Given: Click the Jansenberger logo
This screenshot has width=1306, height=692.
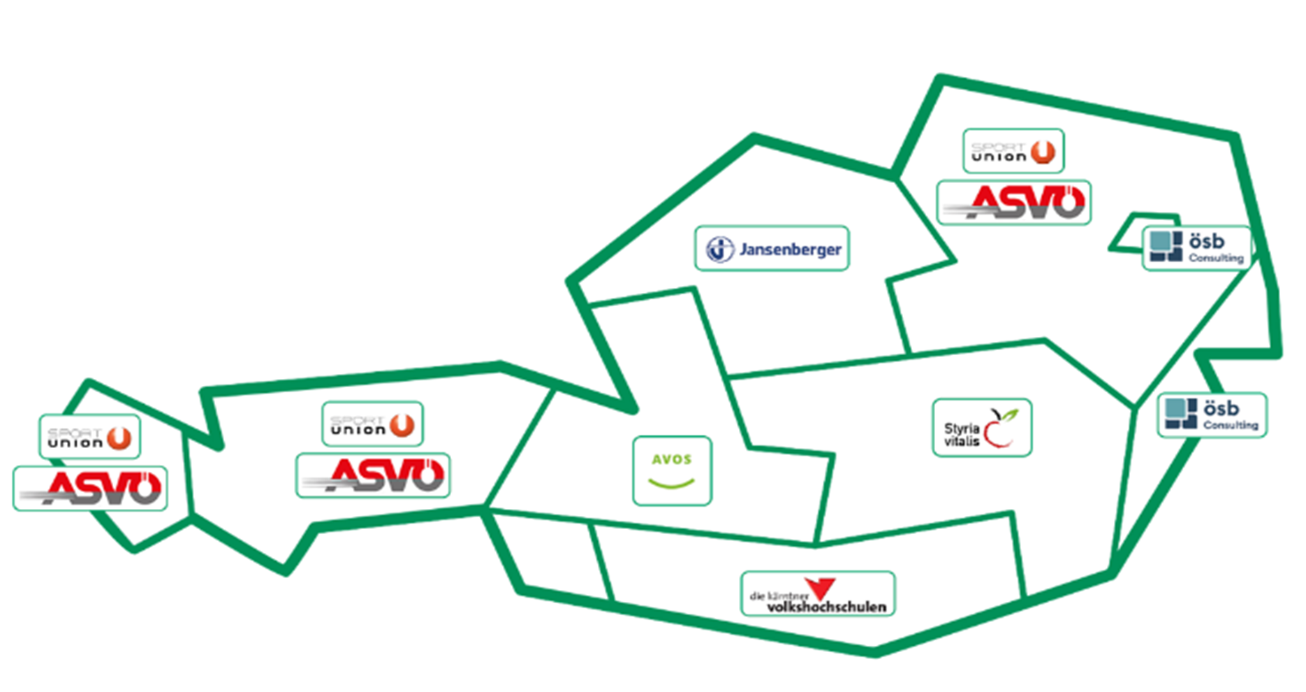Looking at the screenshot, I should pos(772,248).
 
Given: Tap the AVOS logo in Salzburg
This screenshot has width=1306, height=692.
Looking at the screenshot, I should pos(672,470).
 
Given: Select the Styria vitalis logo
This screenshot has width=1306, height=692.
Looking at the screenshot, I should pos(981,428).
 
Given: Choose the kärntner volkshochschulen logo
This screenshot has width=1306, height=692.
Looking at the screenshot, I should pos(817,594).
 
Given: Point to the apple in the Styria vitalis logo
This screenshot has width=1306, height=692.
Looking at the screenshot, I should pos(1000,428).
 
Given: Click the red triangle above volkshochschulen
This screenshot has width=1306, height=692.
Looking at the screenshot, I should pos(820,587).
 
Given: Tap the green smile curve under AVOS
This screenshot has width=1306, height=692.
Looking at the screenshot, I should pos(671,483).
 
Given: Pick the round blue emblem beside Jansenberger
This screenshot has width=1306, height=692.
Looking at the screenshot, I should pos(719,249).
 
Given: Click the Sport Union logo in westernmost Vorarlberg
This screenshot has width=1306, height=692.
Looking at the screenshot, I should pos(89,437).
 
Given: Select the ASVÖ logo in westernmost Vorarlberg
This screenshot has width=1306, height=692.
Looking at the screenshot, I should pos(90,488).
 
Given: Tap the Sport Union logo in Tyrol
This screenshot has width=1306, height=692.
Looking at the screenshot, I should pos(372,424).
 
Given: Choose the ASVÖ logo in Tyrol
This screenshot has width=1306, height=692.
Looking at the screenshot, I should pos(373,475).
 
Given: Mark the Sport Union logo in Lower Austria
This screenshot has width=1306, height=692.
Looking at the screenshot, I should pos(1013,151).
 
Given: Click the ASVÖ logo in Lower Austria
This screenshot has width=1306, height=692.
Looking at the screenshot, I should pos(1013,203).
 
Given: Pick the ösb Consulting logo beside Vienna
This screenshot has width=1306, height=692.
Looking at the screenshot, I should pos(1196,248).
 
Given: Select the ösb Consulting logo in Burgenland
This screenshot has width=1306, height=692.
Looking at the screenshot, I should pos(1212,415).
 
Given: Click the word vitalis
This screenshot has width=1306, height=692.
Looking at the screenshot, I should pos(962,442).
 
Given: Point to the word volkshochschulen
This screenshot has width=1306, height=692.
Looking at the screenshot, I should pos(827,607).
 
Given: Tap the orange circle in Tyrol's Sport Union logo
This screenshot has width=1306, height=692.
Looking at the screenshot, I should pos(402,424).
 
